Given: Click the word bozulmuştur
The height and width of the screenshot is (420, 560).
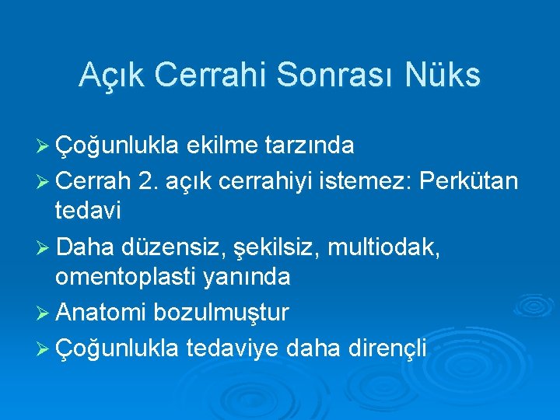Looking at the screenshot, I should click(221, 313).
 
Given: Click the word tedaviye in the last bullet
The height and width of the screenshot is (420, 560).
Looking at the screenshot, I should click(233, 348).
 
